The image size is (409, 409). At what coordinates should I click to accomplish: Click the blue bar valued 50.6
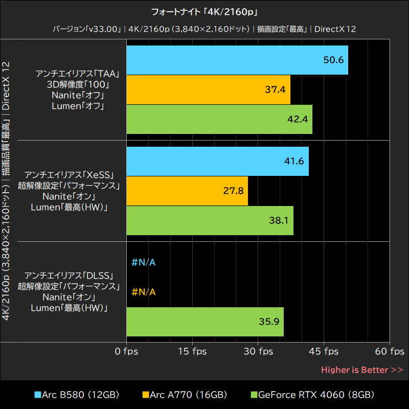pos(237,60)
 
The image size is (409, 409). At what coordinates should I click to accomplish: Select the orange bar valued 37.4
pos(208,89)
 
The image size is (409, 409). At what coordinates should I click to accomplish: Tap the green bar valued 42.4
pos(219,119)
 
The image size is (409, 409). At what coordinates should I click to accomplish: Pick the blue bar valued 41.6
pos(217,161)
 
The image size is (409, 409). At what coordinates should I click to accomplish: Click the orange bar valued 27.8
pos(187,191)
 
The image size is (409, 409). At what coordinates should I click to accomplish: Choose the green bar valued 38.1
pos(210,220)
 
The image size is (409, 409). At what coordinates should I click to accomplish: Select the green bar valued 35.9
pos(205,322)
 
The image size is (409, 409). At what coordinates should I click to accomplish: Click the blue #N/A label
pos(144,263)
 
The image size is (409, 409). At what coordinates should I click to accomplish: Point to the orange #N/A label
pos(144,292)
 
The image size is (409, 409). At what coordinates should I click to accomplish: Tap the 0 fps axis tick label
pos(126,352)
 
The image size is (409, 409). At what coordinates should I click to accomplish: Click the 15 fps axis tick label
pos(192,352)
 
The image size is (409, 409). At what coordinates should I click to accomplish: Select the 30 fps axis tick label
pos(258,352)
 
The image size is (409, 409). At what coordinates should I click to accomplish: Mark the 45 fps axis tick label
pos(324,352)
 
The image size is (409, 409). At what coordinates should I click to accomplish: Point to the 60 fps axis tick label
pos(390,352)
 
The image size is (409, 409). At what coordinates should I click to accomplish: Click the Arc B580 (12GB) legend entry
pos(77,395)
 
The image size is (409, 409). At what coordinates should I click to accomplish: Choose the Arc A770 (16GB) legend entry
pos(185,395)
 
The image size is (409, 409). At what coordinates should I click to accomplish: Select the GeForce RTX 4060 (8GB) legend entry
pos(312,395)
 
